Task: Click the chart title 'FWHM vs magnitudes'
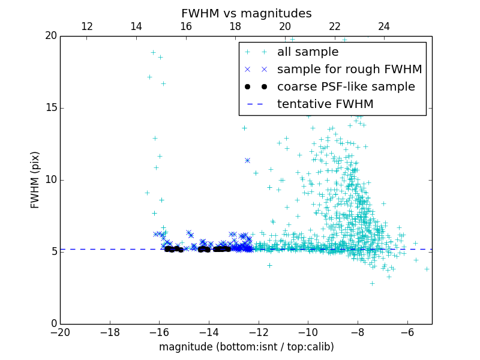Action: coord(246,13)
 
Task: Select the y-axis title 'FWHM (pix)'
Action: coord(35,179)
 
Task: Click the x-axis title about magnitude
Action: coord(246,347)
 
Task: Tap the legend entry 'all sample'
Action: coord(308,52)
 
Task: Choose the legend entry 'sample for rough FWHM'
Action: coord(349,70)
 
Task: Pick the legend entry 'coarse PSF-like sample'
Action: coord(346,87)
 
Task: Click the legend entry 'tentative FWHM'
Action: coord(325,104)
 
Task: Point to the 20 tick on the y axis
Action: coord(50,36)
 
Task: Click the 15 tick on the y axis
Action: coord(50,108)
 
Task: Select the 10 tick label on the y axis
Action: coord(50,180)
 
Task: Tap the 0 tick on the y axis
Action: coord(53,324)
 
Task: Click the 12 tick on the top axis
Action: coord(87,26)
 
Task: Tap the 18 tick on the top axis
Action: coord(235,26)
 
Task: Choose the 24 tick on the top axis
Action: coord(384,26)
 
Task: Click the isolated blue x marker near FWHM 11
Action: coord(247,160)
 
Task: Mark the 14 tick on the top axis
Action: coord(136,26)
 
